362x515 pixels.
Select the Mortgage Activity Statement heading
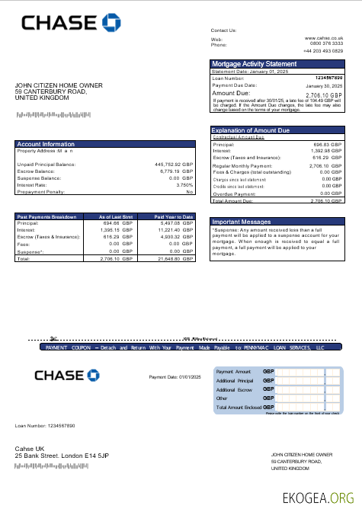coord(254,64)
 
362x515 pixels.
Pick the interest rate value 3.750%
coord(184,184)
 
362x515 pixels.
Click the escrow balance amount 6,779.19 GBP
coord(176,171)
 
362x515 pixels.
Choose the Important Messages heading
coord(242,222)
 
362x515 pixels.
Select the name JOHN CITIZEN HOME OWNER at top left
coord(59,85)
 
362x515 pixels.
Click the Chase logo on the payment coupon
coord(67,375)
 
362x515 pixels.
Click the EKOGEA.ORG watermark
coord(318,498)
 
